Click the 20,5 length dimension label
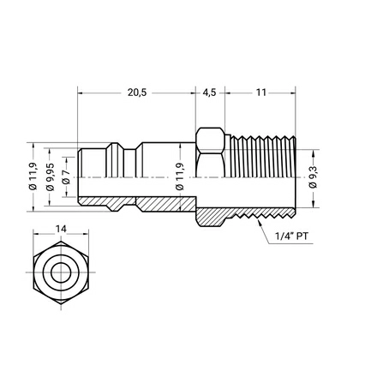[137, 93]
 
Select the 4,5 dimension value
[209, 93]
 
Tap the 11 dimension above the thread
[260, 93]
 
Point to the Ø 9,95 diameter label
[50, 177]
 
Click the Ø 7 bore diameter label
[66, 177]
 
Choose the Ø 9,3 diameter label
[313, 177]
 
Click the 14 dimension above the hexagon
[61, 229]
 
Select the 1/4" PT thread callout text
[291, 236]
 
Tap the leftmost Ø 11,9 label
[33, 177]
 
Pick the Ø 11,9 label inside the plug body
[180, 177]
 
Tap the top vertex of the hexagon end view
[61, 241]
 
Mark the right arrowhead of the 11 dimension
[293, 93]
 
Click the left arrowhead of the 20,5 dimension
[81, 93]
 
